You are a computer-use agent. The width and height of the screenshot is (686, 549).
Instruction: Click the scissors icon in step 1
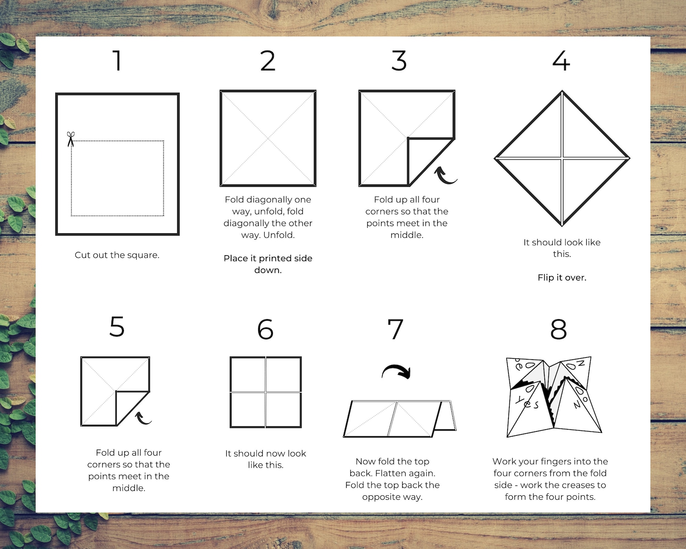pos(70,139)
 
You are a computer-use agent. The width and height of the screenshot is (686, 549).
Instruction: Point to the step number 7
pos(396,329)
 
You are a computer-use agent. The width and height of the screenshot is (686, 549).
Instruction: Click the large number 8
pos(559,329)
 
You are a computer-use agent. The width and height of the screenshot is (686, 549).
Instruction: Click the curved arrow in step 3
pos(445,176)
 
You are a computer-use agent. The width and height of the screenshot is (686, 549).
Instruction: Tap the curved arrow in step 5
pos(143,418)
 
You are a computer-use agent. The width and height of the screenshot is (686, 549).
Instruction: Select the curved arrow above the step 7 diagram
pos(396,372)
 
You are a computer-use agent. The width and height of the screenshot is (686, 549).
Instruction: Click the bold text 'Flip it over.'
pos(562,278)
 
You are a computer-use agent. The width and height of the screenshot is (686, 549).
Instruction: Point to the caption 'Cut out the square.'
pos(117,255)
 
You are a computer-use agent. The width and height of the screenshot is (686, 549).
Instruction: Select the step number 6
pos(265,329)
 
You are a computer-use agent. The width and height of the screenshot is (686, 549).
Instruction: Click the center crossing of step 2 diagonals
pos(268,138)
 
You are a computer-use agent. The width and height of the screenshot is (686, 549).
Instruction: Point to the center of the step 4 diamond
pos(562,158)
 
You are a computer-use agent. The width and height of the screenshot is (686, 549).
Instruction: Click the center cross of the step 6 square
pos(266,392)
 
